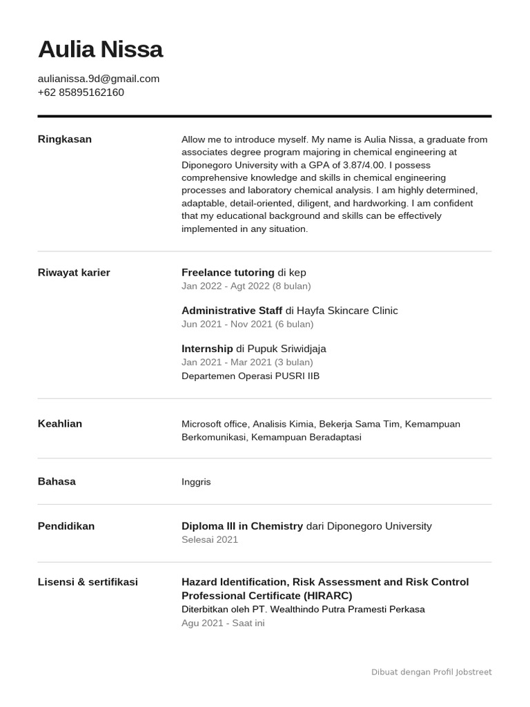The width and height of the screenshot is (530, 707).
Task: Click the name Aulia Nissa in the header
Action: click(100, 50)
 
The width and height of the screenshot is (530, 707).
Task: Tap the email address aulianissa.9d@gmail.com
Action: click(99, 79)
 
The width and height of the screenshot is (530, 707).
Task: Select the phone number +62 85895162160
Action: click(81, 93)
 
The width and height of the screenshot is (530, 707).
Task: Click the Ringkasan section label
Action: click(65, 139)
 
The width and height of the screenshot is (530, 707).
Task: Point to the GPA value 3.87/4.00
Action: click(366, 165)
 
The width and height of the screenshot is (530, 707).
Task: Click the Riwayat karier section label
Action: click(74, 273)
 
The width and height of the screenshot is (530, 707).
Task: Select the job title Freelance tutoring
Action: click(228, 273)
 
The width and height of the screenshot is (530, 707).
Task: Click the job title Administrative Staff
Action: click(232, 311)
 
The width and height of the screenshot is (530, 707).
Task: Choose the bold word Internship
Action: click(207, 349)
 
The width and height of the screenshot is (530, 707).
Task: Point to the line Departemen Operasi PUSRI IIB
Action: click(251, 376)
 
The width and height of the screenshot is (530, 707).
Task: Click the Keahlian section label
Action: click(60, 424)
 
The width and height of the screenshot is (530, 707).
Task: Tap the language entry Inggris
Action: click(196, 482)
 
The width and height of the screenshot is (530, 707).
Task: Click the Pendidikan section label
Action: click(66, 526)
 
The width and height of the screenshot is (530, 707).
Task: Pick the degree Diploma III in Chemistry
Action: click(242, 526)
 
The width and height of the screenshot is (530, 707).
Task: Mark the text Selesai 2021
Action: click(210, 540)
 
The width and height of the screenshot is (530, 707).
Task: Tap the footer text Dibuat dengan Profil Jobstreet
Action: click(431, 672)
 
